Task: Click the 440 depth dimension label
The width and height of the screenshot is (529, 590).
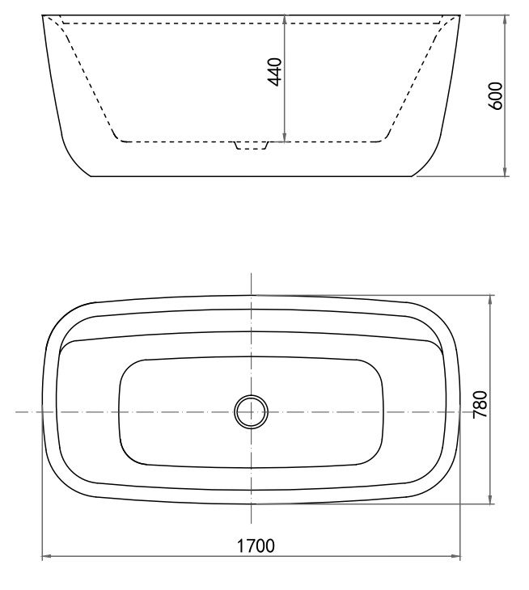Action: click(x=275, y=72)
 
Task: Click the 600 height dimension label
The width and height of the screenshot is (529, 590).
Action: click(x=496, y=95)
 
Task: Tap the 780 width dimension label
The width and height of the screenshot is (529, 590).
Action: click(x=480, y=401)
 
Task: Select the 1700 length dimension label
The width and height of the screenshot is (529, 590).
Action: click(x=256, y=546)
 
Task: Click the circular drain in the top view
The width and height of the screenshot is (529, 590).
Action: click(x=251, y=411)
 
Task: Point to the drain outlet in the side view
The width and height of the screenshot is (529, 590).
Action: click(x=251, y=145)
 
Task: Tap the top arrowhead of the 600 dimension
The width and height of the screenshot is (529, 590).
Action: click(x=506, y=19)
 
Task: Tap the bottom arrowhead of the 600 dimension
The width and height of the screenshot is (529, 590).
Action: click(x=506, y=171)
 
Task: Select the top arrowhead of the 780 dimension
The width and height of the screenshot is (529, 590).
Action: click(x=490, y=300)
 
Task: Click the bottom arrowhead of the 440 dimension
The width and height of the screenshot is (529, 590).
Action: click(x=285, y=137)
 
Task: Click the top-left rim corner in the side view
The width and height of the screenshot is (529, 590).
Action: click(x=43, y=15)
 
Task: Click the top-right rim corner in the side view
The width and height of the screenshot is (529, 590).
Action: click(x=463, y=15)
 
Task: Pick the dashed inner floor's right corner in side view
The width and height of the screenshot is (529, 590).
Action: click(x=383, y=140)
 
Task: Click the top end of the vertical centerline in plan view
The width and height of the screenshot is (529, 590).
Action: click(x=252, y=276)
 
